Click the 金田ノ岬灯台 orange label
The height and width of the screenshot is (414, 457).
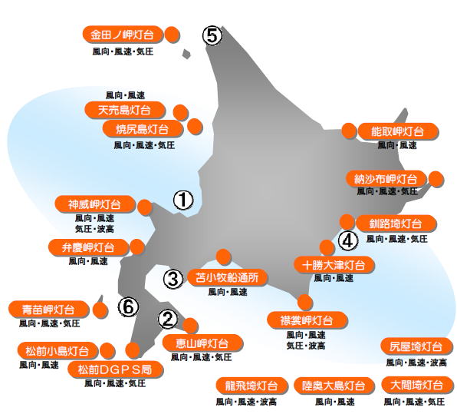pyautogui.click(x=122, y=35)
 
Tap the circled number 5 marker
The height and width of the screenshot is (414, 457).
pyautogui.click(x=212, y=36)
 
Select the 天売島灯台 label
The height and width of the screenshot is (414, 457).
pyautogui.click(x=125, y=110)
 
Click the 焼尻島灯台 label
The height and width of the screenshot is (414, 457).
pyautogui.click(x=143, y=128)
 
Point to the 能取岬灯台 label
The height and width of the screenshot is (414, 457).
pyautogui.click(x=398, y=131)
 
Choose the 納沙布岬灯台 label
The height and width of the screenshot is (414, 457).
pyautogui.click(x=386, y=179)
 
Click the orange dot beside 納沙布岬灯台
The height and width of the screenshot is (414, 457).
pyautogui.click(x=436, y=179)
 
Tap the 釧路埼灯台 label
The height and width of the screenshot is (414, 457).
pyautogui.click(x=396, y=224)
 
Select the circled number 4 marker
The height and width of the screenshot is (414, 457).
pyautogui.click(x=348, y=241)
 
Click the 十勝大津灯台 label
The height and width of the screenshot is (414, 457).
pyautogui.click(x=334, y=265)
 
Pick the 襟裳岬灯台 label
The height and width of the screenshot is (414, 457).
pyautogui.click(x=307, y=320)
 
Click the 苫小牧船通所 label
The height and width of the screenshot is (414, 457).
pyautogui.click(x=227, y=277)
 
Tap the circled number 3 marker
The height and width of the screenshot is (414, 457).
pyautogui.click(x=173, y=279)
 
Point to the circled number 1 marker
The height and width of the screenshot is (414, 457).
pyautogui.click(x=183, y=200)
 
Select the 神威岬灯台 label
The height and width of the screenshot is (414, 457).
pyautogui.click(x=95, y=204)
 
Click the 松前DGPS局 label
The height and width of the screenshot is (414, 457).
pyautogui.click(x=116, y=369)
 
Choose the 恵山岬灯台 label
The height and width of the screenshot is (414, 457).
pyautogui.click(x=202, y=343)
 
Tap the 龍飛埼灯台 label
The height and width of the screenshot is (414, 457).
pyautogui.click(x=252, y=386)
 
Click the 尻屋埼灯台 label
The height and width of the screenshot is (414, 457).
pyautogui.click(x=416, y=346)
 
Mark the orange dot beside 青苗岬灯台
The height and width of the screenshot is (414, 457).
pyautogui.click(x=100, y=310)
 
